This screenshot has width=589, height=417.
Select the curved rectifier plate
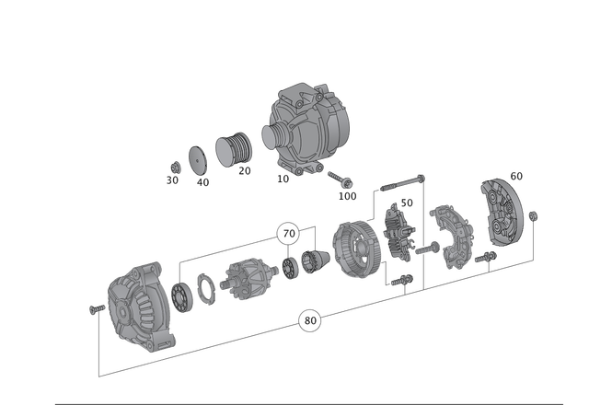pyautogui.click(x=451, y=237)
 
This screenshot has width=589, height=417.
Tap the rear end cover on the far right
pyautogui.click(x=501, y=213)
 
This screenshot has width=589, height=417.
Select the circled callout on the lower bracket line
pyautogui.click(x=310, y=319)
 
